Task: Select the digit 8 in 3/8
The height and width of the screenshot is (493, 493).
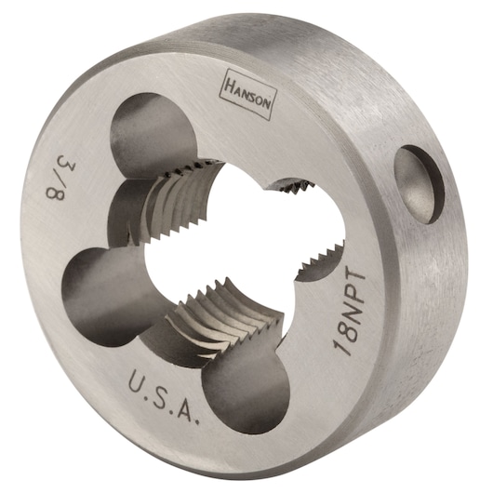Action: tap(54, 189)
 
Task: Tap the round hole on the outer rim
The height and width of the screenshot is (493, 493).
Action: tap(417, 188)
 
